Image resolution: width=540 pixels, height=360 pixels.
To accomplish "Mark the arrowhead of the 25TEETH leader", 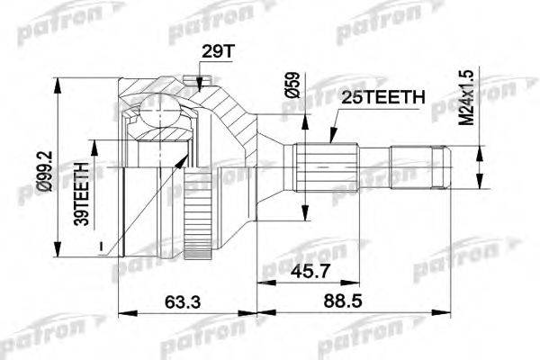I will point(330,141).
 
